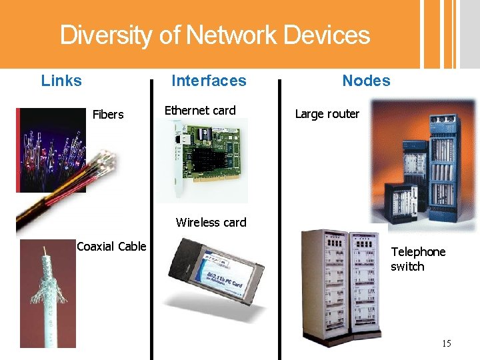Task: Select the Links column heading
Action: coord(61,81)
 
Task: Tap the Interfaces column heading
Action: coord(209,81)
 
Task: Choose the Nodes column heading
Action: coord(366,81)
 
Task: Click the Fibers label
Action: coord(108,115)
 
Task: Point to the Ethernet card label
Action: coord(200,111)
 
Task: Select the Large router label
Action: coord(327,114)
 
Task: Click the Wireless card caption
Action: coord(211,223)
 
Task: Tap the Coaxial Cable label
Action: coord(111,247)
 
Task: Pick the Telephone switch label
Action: coord(417,259)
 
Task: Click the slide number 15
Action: coord(446,344)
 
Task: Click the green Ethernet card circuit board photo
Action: coord(207,160)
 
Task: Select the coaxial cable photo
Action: coord(48,293)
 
